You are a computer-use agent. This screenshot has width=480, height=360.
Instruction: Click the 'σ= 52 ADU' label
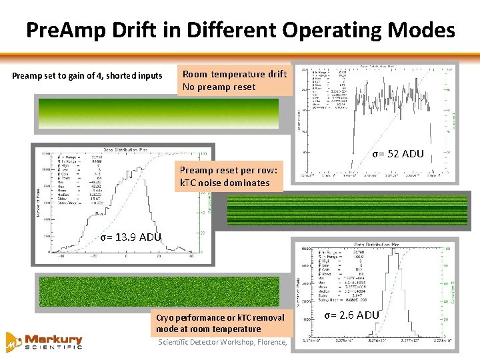click(398, 154)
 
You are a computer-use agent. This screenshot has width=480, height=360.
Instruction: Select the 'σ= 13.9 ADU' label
click(131, 237)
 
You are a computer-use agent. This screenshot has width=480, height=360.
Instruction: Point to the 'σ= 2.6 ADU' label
click(353, 315)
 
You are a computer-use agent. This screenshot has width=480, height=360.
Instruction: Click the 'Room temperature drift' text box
click(235, 80)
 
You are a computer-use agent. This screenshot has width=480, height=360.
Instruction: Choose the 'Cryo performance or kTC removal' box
click(220, 323)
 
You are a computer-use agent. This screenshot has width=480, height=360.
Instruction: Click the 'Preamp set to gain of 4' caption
click(87, 75)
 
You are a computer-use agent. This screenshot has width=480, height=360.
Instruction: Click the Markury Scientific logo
click(44, 341)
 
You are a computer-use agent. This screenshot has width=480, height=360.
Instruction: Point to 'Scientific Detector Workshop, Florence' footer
click(223, 343)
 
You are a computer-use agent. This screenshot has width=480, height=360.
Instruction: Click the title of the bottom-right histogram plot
click(382, 245)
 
